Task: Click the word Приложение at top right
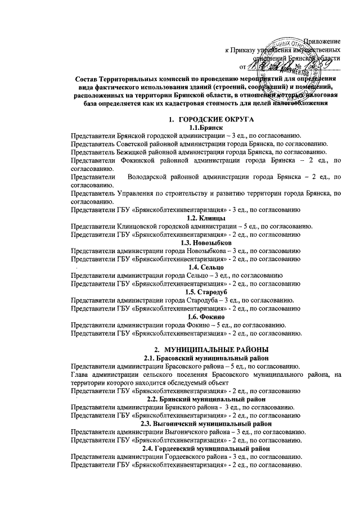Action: pyautogui.click(x=322, y=41)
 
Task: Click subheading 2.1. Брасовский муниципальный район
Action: pyautogui.click(x=206, y=358)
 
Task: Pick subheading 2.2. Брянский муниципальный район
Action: pyautogui.click(x=206, y=399)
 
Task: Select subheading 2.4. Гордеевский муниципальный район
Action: pyautogui.click(x=206, y=448)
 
